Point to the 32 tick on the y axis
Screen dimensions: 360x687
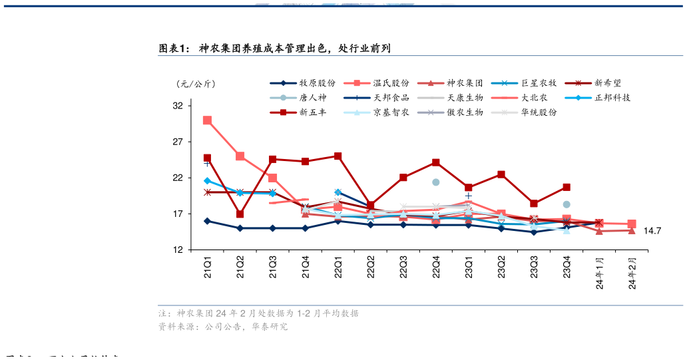tap(178, 106)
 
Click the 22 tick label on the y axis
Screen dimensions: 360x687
tap(178, 178)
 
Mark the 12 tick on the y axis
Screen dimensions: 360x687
tap(178, 250)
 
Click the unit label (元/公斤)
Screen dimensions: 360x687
tap(196, 84)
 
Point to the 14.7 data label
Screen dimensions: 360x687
tap(652, 231)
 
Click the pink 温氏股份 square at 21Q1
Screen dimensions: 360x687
tap(208, 120)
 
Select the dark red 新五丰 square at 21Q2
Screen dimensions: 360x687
tap(240, 214)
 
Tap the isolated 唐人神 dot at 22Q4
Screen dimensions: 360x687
tap(436, 182)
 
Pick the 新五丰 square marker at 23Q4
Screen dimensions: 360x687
tap(567, 188)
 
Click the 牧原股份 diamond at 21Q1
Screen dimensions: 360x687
tap(208, 221)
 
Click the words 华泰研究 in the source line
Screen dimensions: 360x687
tap(269, 327)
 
